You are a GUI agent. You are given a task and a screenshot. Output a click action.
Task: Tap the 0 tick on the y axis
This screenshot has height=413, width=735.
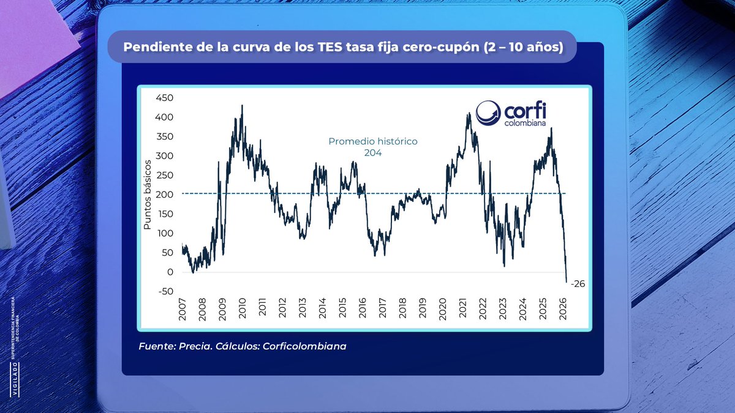170,272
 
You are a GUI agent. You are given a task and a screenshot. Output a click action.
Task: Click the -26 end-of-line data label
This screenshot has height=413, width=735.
578,283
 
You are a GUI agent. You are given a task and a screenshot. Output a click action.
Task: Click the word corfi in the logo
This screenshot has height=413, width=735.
525,111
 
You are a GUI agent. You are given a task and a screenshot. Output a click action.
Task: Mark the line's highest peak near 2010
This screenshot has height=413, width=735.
242,105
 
